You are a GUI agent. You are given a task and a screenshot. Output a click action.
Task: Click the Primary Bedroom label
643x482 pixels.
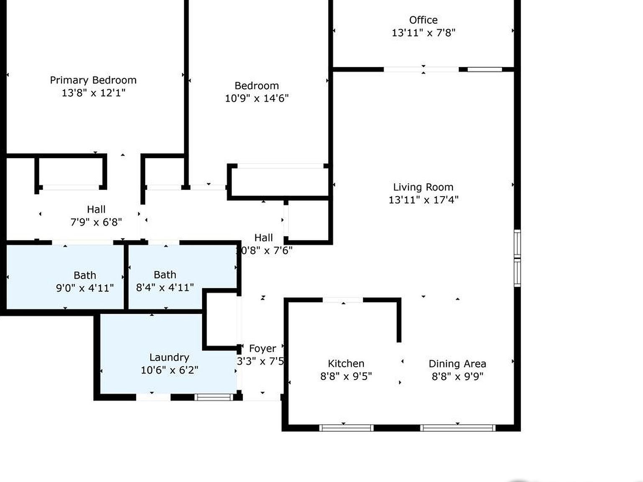click(93, 80)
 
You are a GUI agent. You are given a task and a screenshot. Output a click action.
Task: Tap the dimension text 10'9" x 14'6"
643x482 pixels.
click(257, 98)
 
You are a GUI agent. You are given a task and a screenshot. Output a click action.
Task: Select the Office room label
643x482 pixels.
click(423, 20)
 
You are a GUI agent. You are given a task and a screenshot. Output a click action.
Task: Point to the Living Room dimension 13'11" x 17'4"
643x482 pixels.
click(423, 200)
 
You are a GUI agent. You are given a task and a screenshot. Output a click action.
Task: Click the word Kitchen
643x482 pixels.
click(346, 364)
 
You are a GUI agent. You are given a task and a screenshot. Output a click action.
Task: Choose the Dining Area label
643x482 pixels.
click(457, 364)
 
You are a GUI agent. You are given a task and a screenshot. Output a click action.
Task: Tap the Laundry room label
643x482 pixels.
click(169, 357)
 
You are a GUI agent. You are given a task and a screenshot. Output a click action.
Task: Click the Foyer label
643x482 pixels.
click(262, 349)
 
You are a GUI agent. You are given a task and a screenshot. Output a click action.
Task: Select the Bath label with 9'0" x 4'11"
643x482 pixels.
click(85, 275)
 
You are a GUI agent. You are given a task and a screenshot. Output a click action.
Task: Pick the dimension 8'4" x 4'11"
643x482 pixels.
click(165, 287)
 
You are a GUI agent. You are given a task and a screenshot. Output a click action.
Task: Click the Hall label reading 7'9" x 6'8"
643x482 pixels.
click(96, 210)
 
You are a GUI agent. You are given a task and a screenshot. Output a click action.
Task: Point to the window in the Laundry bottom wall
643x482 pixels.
click(214, 397)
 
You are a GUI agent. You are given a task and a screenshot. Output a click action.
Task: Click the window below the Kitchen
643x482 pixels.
click(346, 428)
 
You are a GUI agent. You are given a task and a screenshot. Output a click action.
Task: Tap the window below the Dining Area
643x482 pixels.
click(457, 428)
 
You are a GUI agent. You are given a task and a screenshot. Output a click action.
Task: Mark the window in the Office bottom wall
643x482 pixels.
click(484, 69)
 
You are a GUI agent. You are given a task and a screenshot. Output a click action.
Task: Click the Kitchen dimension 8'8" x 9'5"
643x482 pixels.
click(346, 376)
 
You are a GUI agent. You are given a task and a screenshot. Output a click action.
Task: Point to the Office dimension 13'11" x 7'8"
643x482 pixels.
click(423, 33)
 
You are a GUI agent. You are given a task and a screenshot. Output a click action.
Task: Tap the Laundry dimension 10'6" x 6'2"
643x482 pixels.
click(169, 370)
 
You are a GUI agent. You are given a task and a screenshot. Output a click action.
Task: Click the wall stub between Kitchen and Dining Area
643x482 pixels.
click(399, 320)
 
